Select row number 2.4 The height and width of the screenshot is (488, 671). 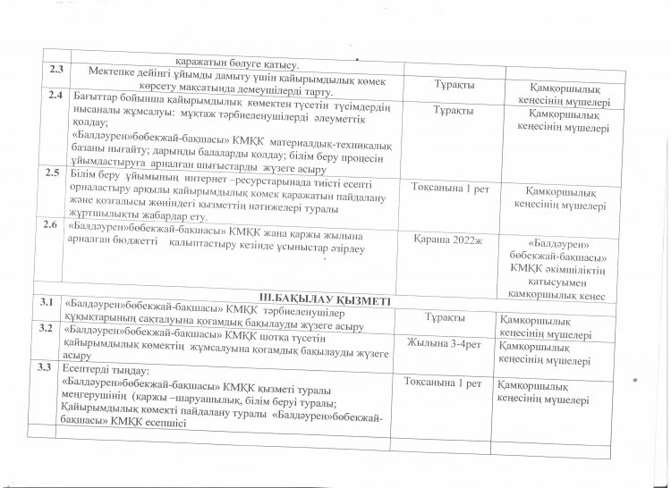[55, 95]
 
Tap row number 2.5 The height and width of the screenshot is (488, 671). [52, 172]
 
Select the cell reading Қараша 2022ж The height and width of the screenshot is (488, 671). [446, 240]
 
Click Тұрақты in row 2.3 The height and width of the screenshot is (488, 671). [454, 84]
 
